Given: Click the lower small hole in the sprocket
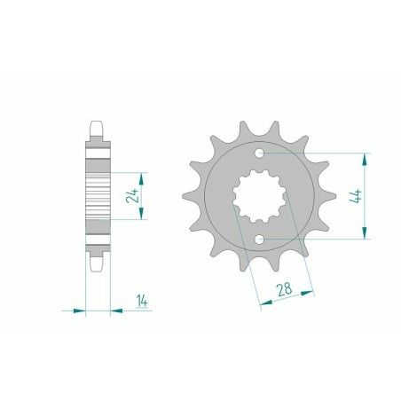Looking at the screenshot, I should [258, 240].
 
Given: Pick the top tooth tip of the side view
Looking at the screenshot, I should [98, 127].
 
